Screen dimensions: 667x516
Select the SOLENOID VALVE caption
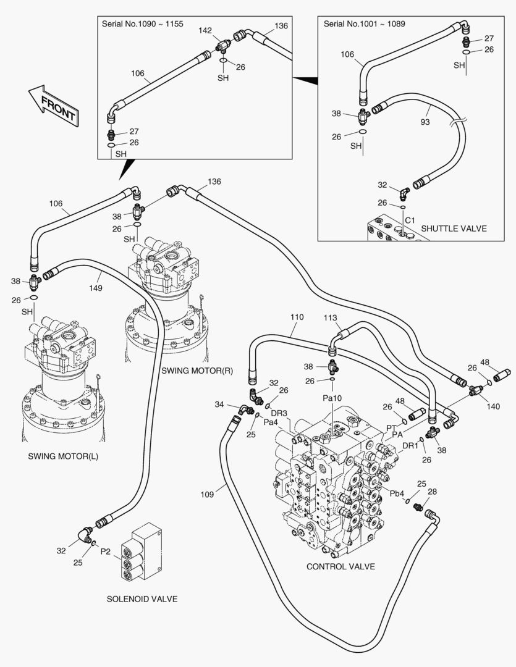click(x=142, y=598)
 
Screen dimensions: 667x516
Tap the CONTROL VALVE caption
click(x=340, y=566)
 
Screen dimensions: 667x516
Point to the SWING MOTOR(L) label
click(x=63, y=456)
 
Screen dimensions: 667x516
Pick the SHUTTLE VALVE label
click(x=454, y=229)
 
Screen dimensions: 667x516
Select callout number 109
click(x=207, y=493)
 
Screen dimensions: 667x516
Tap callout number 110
click(x=297, y=317)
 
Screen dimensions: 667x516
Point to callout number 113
click(x=331, y=317)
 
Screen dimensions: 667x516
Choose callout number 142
click(x=205, y=30)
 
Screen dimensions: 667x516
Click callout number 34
click(x=219, y=405)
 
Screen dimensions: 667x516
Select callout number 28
click(x=432, y=492)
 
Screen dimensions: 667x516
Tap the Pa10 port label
click(x=332, y=398)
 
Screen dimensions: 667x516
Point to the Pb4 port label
click(x=397, y=493)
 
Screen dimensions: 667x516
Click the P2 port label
click(x=106, y=551)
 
